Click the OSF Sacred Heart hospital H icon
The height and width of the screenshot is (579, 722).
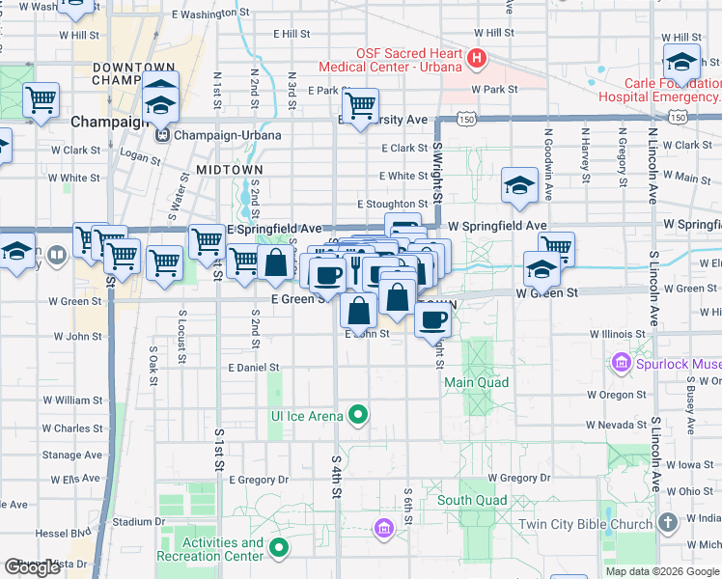(x=476, y=60)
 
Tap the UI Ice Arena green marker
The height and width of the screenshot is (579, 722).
(x=359, y=416)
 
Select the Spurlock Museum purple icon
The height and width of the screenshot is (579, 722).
(x=621, y=364)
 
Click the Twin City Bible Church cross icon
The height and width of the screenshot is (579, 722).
(x=667, y=523)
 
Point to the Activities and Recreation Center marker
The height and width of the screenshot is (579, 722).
(x=280, y=549)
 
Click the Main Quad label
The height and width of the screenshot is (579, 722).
(x=476, y=382)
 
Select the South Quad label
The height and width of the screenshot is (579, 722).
(x=471, y=500)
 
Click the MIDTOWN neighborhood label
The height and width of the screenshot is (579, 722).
(x=230, y=169)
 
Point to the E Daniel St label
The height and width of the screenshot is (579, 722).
(x=254, y=368)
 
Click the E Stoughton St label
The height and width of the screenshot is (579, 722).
(x=392, y=205)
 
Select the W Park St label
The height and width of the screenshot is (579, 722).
(x=494, y=90)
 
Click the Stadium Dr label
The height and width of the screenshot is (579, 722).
(x=133, y=522)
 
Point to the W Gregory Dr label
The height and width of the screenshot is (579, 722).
(x=518, y=478)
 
